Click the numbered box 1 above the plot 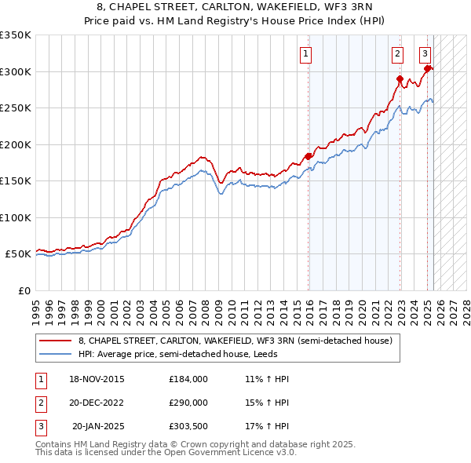tap(305, 54)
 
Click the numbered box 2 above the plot tap(397, 54)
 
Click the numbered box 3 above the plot tap(425, 54)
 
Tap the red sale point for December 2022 tap(400, 79)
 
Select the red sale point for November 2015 tap(308, 156)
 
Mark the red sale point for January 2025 tap(428, 69)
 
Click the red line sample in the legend tap(55, 341)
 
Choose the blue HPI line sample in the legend tap(55, 354)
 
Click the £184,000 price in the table tap(188, 379)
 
